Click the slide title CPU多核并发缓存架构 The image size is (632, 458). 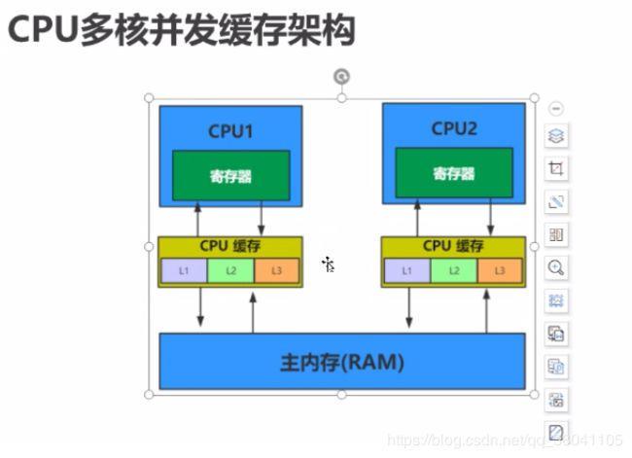181,30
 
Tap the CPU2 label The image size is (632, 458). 454,128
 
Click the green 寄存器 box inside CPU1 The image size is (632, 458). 231,176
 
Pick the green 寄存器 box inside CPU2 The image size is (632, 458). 454,173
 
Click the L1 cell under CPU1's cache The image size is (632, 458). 184,270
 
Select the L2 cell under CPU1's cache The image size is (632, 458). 230,270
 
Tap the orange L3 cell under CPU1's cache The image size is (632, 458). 277,270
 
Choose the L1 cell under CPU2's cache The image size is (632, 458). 406,270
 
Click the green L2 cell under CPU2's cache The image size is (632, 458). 454,270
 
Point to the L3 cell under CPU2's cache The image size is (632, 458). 500,270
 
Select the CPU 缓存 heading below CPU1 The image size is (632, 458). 230,247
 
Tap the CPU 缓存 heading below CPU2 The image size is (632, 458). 454,247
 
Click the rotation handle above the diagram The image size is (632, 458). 341,76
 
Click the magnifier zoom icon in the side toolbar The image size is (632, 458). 556,266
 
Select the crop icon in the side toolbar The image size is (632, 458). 556,169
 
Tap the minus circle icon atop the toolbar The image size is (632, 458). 556,108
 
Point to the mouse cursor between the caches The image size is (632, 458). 329,264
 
